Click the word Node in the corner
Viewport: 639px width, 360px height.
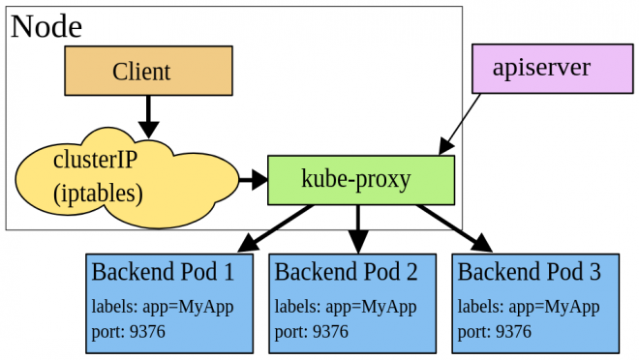(46, 26)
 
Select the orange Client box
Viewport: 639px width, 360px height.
(148, 71)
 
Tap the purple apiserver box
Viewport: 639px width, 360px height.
(552, 68)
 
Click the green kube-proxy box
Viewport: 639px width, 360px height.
(360, 179)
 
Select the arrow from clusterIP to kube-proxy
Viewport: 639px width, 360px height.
(253, 179)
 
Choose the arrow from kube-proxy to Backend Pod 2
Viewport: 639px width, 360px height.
(358, 227)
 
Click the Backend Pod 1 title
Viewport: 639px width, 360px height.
(163, 272)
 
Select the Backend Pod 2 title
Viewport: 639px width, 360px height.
(346, 272)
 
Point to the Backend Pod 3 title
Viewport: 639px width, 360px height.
(529, 272)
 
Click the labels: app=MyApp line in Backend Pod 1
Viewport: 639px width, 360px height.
(163, 307)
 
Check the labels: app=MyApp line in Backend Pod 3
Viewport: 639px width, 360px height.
(529, 307)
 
